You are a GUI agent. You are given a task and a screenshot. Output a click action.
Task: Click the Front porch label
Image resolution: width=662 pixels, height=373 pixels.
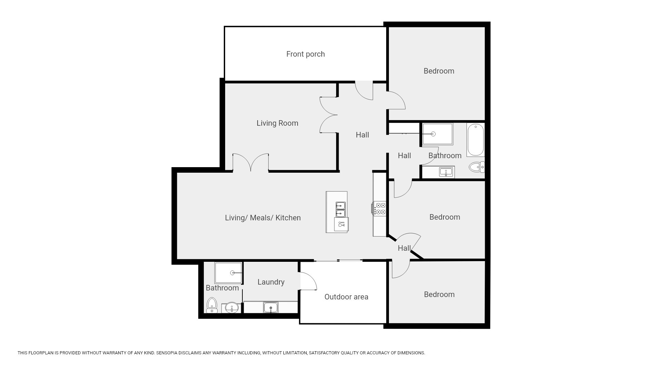[x=305, y=54]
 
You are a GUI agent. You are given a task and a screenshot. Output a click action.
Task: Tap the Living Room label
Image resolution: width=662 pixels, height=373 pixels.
[x=277, y=123]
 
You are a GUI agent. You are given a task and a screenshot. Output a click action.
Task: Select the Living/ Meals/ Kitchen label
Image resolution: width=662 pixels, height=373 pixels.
[x=263, y=218]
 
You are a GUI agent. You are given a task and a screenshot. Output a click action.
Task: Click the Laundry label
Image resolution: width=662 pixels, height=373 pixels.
[x=271, y=282]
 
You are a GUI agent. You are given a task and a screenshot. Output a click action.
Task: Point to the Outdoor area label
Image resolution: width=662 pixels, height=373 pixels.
[x=346, y=297]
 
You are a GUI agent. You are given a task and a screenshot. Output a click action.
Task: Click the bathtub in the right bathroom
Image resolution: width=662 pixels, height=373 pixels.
[x=475, y=140]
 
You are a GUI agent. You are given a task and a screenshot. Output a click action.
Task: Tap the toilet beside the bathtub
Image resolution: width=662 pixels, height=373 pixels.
[x=477, y=167]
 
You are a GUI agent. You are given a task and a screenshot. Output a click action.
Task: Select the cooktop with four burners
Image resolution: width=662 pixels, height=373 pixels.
[x=379, y=209]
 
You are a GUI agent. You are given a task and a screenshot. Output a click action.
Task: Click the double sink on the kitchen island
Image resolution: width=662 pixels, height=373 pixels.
[x=341, y=210]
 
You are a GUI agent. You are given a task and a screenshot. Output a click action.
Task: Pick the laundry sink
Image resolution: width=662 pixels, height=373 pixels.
[x=271, y=307]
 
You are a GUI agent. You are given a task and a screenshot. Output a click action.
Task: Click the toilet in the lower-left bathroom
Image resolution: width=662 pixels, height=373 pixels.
[x=212, y=305]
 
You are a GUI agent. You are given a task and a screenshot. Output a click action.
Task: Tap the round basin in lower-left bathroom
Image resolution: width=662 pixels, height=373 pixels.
[x=232, y=307]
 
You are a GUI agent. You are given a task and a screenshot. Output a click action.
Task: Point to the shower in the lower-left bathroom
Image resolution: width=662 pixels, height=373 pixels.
[x=228, y=273]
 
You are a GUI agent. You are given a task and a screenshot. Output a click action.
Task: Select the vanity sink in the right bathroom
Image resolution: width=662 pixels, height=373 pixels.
[x=446, y=172]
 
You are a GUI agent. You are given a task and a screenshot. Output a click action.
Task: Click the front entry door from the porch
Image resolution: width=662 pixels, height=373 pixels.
[x=364, y=90]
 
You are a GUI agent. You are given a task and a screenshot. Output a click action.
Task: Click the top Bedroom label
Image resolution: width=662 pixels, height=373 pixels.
[x=439, y=71]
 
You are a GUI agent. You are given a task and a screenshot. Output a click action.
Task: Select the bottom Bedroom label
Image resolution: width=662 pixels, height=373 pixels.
[x=439, y=295]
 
